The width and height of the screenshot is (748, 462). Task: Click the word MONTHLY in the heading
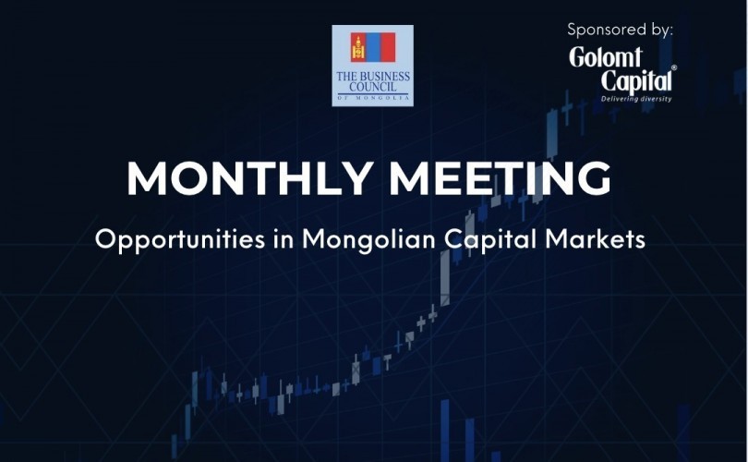(x=249, y=178)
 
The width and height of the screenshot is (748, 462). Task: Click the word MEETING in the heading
(x=501, y=178)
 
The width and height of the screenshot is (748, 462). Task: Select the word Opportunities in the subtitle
(x=180, y=239)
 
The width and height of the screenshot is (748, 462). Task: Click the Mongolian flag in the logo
(x=373, y=47)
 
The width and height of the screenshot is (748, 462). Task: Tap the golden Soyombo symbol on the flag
(x=357, y=48)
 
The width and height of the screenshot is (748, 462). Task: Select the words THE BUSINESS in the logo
(x=373, y=77)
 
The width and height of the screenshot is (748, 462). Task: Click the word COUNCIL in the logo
(x=373, y=87)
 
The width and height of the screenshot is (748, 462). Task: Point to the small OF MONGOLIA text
(x=373, y=98)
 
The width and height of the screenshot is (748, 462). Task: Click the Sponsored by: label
(x=620, y=30)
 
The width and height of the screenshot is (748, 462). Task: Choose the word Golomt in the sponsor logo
(x=606, y=57)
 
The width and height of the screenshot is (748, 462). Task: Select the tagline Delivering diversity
(x=636, y=99)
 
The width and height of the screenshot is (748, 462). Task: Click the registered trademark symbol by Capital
(x=674, y=67)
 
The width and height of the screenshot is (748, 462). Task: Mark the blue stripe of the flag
(x=373, y=47)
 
